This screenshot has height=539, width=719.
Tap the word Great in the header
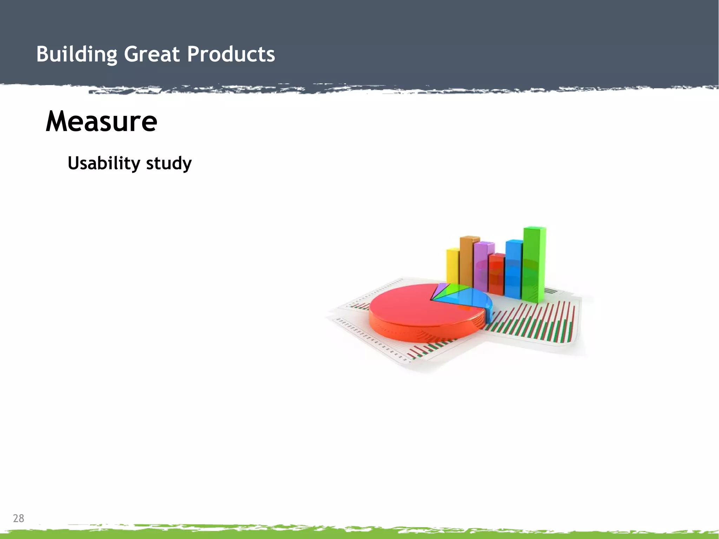[x=152, y=54]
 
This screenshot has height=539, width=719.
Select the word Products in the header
[x=231, y=54]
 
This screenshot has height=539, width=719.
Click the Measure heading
[x=101, y=121]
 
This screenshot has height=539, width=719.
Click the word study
[x=169, y=164]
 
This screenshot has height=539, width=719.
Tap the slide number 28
[x=18, y=518]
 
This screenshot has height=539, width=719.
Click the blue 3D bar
[x=513, y=269]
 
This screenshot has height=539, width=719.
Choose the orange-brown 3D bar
[x=467, y=260]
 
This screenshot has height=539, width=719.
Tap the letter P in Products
[x=193, y=54]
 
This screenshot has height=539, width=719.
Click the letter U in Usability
[x=74, y=163]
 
